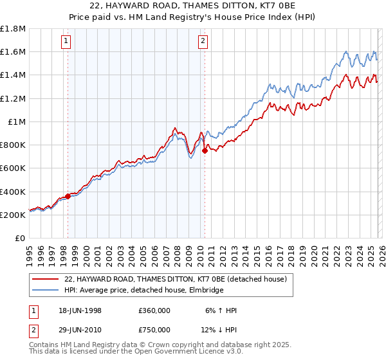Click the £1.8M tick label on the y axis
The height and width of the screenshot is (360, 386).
click(14, 29)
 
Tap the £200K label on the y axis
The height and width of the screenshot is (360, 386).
click(14, 215)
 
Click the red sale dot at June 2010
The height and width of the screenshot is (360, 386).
click(205, 151)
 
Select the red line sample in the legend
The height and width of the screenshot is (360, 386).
click(46, 279)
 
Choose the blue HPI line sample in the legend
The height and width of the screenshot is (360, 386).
click(46, 290)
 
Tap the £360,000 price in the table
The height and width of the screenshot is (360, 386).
click(154, 310)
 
